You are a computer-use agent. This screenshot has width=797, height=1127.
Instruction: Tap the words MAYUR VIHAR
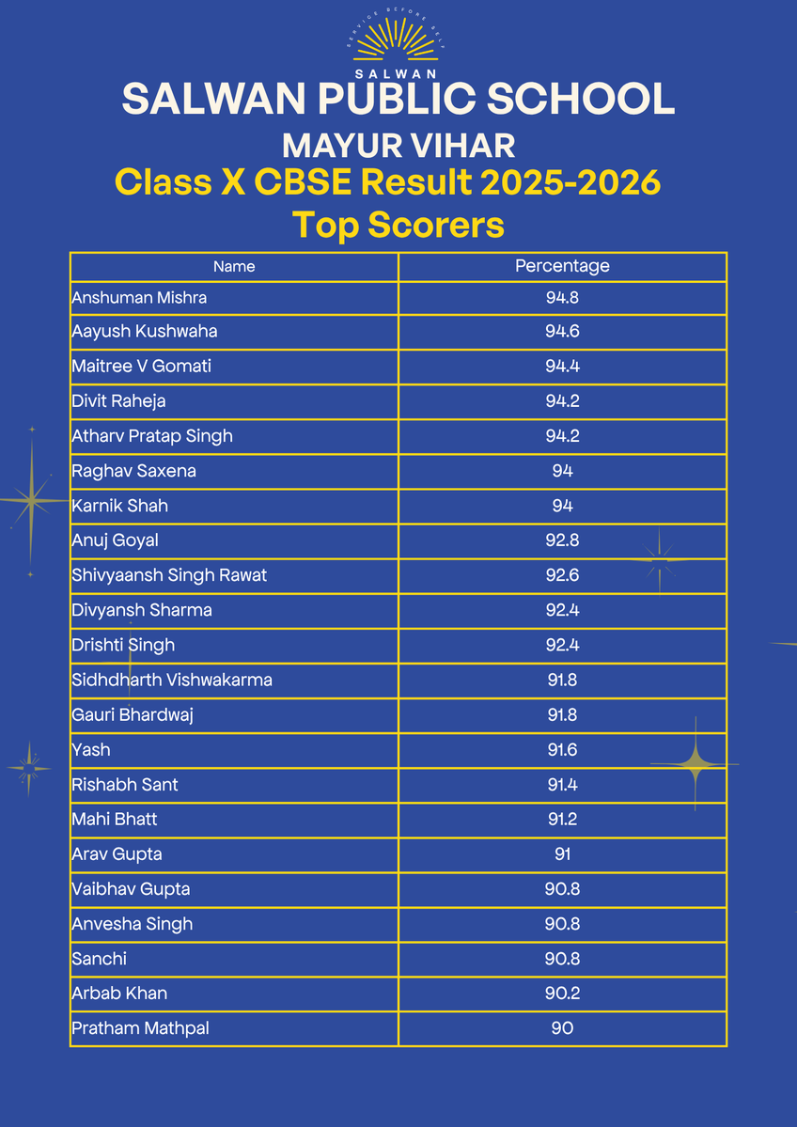click(398, 146)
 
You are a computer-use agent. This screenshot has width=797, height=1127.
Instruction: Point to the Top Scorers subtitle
click(398, 226)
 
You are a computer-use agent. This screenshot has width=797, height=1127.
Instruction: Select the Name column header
click(234, 267)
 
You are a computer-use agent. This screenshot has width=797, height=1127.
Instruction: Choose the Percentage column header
click(562, 266)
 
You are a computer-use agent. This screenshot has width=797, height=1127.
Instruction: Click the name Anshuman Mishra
click(139, 298)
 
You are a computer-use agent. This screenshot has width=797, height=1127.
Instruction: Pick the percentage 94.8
click(562, 298)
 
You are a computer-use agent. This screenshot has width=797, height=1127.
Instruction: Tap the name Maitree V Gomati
click(141, 367)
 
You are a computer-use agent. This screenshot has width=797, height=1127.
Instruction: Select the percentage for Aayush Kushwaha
click(562, 332)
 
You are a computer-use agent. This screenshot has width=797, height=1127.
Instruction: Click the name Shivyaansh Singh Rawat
click(169, 575)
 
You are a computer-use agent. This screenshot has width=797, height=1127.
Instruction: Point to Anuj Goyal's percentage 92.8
click(562, 540)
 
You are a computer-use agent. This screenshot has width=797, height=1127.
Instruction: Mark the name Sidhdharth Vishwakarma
click(172, 680)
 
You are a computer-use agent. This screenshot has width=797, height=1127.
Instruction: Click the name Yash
click(91, 749)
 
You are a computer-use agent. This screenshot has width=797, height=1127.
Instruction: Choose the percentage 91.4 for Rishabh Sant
click(562, 784)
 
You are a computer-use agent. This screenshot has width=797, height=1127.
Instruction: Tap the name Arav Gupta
click(117, 854)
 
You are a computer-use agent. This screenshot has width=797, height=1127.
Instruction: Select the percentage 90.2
click(562, 994)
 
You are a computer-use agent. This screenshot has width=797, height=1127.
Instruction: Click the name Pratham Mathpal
click(140, 1028)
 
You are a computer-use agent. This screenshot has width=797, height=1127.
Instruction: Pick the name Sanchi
click(99, 959)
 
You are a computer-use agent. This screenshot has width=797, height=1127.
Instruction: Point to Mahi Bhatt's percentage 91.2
click(562, 819)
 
